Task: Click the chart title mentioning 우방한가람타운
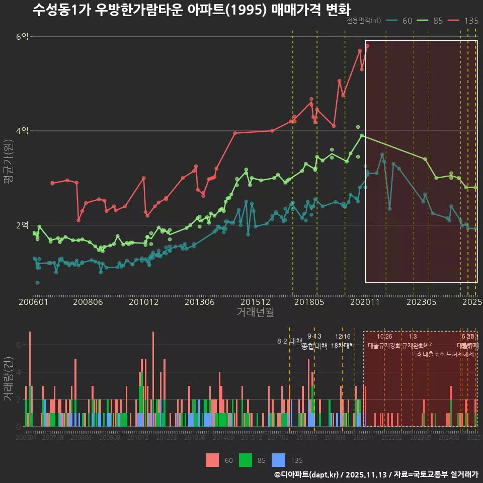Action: (x=191, y=10)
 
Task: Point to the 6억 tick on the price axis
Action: (x=23, y=37)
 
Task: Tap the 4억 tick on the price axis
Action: (x=23, y=131)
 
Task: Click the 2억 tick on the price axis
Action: (x=23, y=225)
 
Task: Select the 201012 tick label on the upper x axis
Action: (x=144, y=302)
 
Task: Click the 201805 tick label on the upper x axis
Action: (x=309, y=302)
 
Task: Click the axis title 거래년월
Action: (x=255, y=312)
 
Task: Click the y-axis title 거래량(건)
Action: (x=9, y=379)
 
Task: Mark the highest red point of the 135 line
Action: (x=367, y=46)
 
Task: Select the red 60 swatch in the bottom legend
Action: (x=213, y=460)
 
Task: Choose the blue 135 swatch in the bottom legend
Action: (x=278, y=460)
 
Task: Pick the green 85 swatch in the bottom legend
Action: (x=246, y=460)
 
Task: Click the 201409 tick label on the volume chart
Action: (x=223, y=438)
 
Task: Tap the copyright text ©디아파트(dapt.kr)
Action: (x=307, y=474)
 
